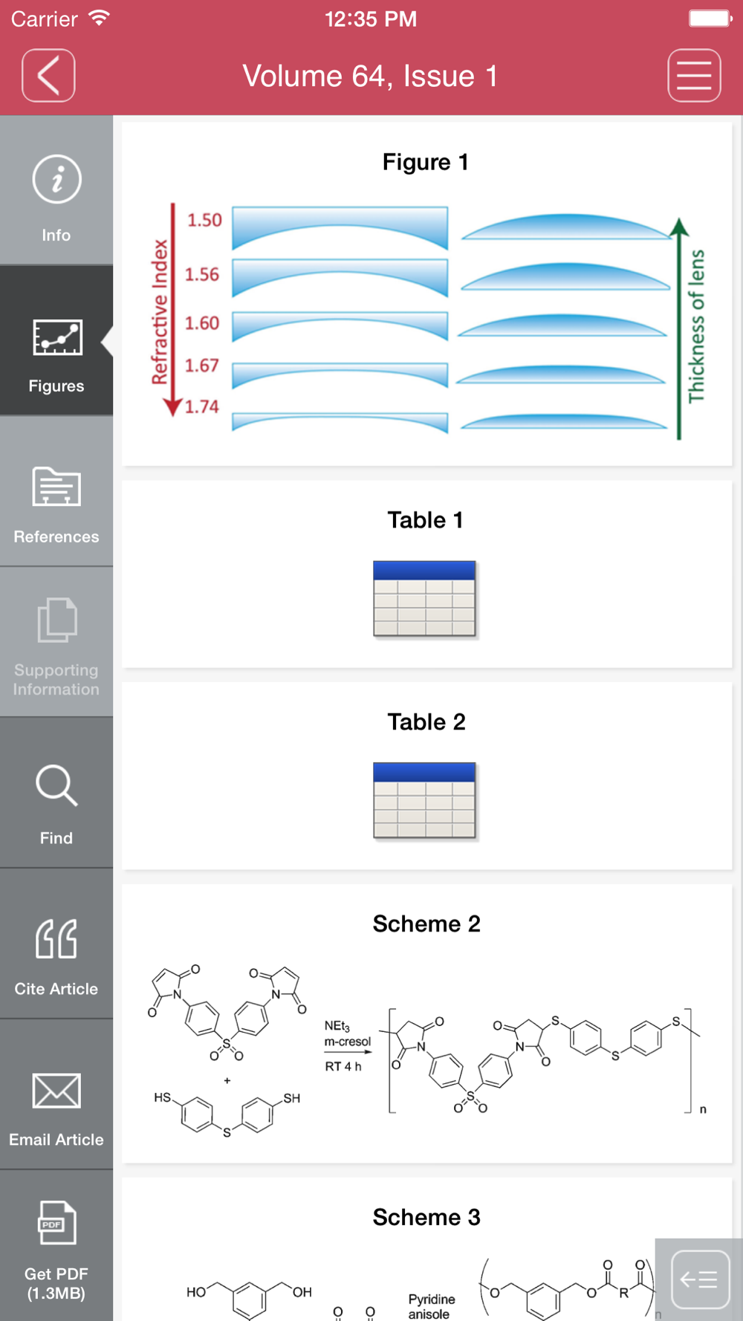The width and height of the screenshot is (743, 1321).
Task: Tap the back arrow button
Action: tap(48, 75)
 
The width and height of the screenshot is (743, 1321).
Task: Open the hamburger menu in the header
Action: tap(694, 75)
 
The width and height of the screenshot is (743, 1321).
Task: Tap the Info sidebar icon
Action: tap(56, 179)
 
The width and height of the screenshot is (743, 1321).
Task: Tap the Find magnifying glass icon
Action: tap(56, 785)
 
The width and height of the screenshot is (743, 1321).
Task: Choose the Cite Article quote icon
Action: tap(56, 938)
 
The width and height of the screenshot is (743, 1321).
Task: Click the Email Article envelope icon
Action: tap(56, 1091)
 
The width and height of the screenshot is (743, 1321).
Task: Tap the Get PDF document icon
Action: tap(56, 1222)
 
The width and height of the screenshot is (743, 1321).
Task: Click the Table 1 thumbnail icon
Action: tap(424, 599)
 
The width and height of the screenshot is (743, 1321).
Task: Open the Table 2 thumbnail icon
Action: tap(424, 800)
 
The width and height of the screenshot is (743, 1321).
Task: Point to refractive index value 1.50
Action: tap(204, 220)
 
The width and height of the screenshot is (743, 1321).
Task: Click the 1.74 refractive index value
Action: tap(202, 406)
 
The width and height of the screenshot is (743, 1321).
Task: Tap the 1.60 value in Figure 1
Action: tap(202, 323)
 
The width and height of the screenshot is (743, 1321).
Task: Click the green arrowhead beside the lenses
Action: tap(678, 227)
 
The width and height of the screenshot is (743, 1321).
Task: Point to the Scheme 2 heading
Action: tap(426, 924)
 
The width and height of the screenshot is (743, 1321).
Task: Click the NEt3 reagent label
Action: tap(337, 1026)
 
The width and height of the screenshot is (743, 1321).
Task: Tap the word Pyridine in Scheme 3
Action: tap(432, 1299)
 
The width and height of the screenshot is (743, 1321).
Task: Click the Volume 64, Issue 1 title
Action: tap(370, 76)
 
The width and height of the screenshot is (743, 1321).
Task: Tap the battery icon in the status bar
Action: tap(710, 18)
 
